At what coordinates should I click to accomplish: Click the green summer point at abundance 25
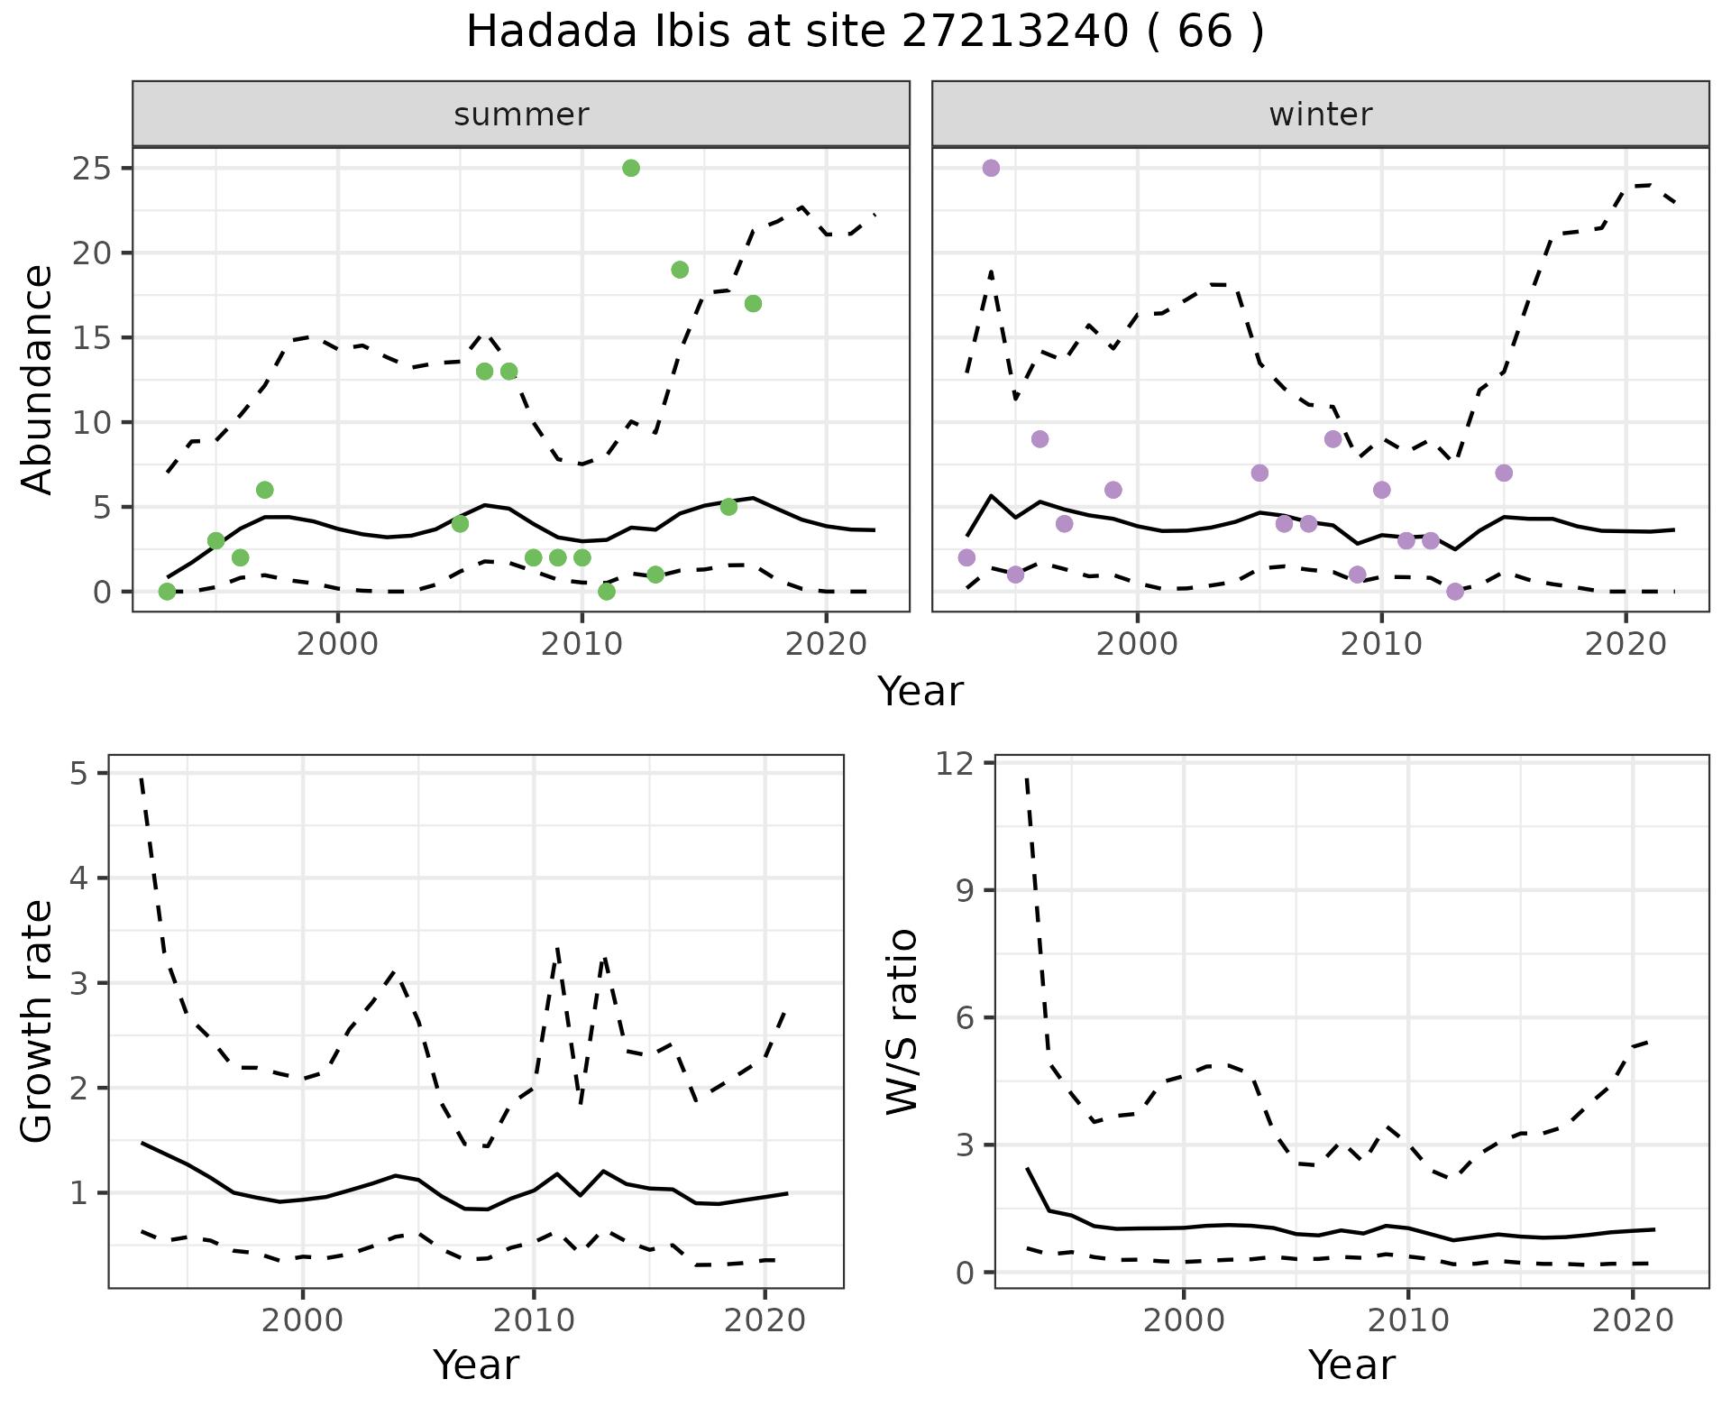(x=631, y=168)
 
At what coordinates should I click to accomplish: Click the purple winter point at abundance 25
(x=991, y=168)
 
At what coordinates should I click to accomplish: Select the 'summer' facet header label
(x=521, y=115)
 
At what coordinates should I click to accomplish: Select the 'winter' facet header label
(x=1321, y=115)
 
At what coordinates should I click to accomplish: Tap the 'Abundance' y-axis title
(x=38, y=380)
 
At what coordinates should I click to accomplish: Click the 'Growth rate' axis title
(x=38, y=1022)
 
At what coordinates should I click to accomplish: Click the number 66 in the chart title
(x=1204, y=32)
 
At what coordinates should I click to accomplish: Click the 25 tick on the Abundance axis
(x=90, y=169)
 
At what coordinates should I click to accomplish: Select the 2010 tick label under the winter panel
(x=1381, y=644)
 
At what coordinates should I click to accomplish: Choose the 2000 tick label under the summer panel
(x=338, y=644)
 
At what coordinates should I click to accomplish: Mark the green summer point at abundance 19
(x=680, y=270)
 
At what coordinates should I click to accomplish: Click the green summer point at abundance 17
(x=753, y=304)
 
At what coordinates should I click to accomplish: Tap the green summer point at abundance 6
(x=264, y=490)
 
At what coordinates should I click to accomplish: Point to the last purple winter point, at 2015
(x=1503, y=474)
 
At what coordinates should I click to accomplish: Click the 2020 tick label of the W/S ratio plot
(x=1633, y=1321)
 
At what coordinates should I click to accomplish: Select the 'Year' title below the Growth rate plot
(x=476, y=1365)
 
